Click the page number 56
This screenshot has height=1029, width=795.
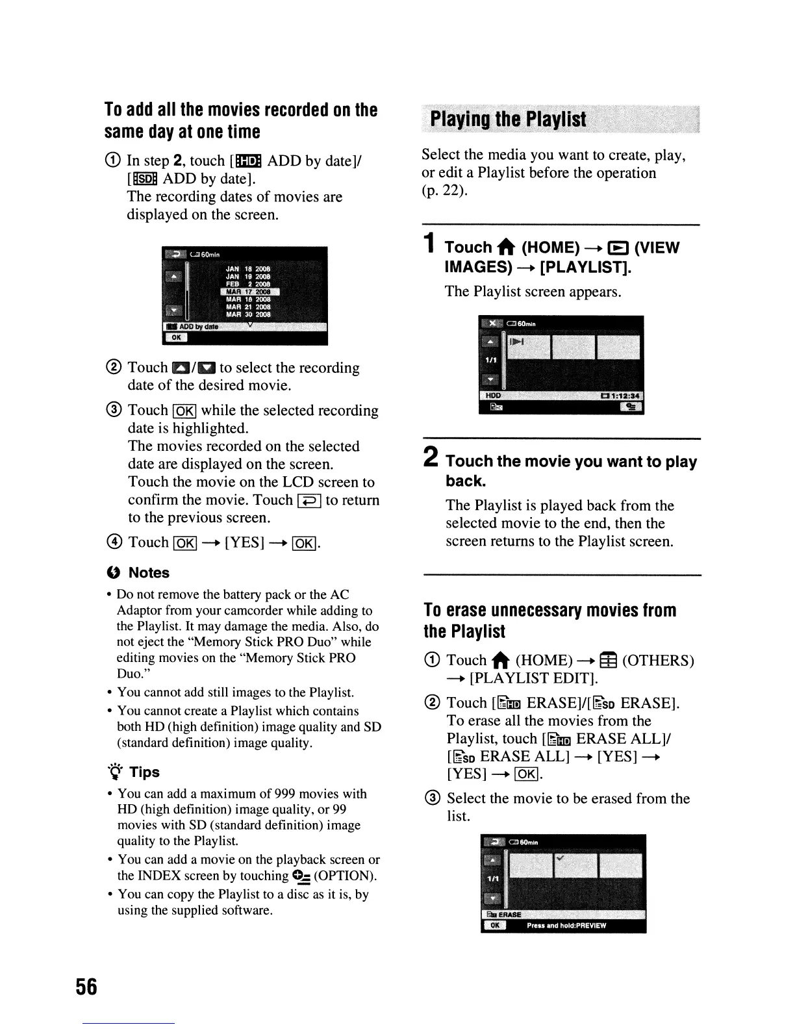[86, 987]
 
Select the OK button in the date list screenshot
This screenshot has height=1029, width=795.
[176, 337]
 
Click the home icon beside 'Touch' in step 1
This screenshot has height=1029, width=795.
[507, 248]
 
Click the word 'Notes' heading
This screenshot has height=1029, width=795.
[149, 573]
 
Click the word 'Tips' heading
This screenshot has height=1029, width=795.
[144, 772]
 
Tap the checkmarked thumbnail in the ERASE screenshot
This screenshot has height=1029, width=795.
[574, 865]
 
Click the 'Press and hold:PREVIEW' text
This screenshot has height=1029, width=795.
[566, 926]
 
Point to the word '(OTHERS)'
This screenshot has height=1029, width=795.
[658, 661]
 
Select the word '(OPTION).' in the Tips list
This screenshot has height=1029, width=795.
[345, 876]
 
